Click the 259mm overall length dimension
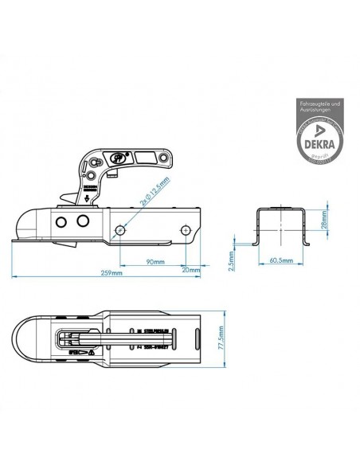(112, 273)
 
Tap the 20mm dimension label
(190, 269)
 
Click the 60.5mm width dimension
(280, 260)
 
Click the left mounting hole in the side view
(119, 230)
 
